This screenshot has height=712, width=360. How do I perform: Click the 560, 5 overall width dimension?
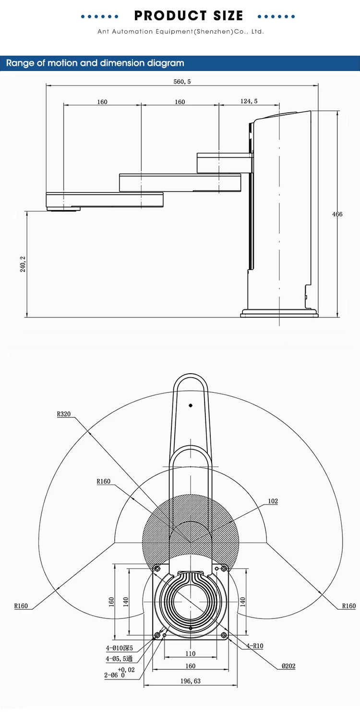tap(182, 82)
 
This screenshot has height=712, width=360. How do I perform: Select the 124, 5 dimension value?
tap(248, 101)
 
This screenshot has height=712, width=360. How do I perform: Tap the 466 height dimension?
tap(337, 214)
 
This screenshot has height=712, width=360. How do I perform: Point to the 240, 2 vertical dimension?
tap(23, 263)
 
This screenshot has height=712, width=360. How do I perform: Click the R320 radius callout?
tap(64, 413)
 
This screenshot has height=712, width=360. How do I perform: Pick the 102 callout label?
tap(273, 501)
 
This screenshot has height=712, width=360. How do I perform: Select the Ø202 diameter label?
tap(289, 666)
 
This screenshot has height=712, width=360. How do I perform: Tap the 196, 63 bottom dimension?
tap(191, 681)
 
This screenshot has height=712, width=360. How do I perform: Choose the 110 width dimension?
tap(191, 653)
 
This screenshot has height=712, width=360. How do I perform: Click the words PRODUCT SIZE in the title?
tap(189, 16)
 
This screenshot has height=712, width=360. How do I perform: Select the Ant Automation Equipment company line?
tap(180, 32)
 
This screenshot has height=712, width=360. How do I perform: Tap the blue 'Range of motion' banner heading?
tap(95, 63)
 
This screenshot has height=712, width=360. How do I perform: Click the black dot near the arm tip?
tap(191, 405)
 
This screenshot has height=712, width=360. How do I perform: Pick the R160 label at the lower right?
tap(348, 606)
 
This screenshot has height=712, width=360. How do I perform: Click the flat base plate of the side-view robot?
tap(279, 313)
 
